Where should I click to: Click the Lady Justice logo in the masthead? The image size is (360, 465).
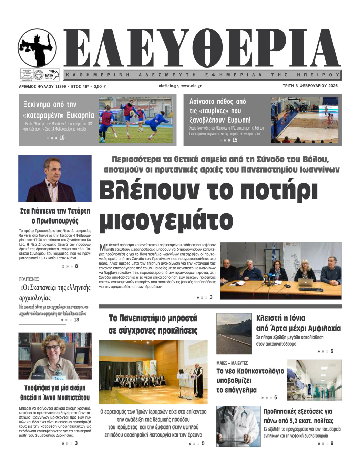coord(37,48)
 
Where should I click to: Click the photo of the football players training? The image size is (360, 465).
coord(136,120)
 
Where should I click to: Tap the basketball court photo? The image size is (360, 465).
coord(305,120)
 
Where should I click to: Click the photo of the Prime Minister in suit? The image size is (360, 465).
coord(55,178)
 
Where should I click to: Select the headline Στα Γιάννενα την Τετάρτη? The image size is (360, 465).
coord(55,211)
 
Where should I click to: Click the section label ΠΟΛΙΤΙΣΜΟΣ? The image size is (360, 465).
coord(29,279)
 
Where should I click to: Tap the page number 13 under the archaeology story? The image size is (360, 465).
coord(76,320)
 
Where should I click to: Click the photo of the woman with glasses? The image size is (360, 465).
coord(55,356)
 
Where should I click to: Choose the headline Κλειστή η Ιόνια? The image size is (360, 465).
coord(281,318)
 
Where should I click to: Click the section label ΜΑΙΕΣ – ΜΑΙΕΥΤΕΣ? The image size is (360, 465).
coord(232,363)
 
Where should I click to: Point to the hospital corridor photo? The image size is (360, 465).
coord(314,380)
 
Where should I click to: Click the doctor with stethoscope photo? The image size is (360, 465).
coord(238,426)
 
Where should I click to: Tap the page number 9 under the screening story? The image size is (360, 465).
coord(332,443)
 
